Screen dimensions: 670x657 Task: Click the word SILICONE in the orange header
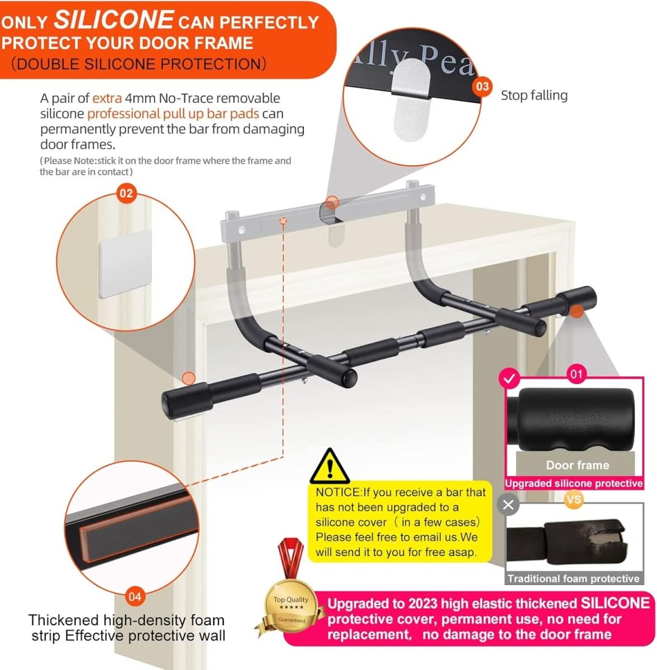pos(113,20)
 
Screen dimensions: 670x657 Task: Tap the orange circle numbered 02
pos(126,193)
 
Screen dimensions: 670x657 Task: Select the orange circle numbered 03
pos(482,87)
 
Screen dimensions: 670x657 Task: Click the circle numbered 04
pos(135,596)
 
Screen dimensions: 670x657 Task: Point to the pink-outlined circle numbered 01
pos(576,374)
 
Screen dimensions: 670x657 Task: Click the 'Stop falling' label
pos(534,95)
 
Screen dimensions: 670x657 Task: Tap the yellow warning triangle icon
pos(330,467)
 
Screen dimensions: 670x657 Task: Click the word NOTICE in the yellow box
pos(338,492)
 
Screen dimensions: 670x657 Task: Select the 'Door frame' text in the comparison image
pos(577,465)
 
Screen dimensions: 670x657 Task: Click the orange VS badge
pos(573,499)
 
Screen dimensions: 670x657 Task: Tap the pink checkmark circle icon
pos(508,379)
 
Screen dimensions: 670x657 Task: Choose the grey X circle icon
pos(508,505)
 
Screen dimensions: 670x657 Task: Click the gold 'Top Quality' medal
pos(291,609)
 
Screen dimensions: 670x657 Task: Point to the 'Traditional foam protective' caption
pos(573,579)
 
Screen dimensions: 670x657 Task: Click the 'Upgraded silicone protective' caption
pos(574,484)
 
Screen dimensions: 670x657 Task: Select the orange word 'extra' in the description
pos(107,98)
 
